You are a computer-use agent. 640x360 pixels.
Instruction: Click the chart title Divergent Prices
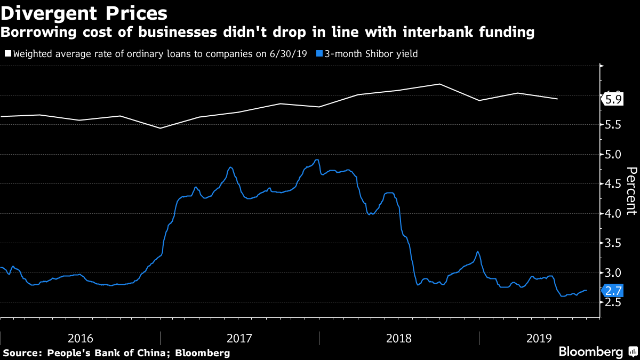click(84, 12)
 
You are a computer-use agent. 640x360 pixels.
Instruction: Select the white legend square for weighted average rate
click(7, 54)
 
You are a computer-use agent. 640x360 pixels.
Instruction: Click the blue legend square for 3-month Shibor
click(319, 54)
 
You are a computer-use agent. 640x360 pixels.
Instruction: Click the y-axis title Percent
click(631, 190)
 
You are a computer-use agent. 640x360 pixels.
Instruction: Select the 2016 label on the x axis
click(81, 338)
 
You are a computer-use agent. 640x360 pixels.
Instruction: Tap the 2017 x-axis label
click(240, 338)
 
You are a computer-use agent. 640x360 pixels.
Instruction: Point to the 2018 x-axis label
click(399, 338)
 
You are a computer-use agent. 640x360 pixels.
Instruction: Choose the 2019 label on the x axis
click(539, 338)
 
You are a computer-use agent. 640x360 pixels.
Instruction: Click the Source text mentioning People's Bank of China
click(116, 353)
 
